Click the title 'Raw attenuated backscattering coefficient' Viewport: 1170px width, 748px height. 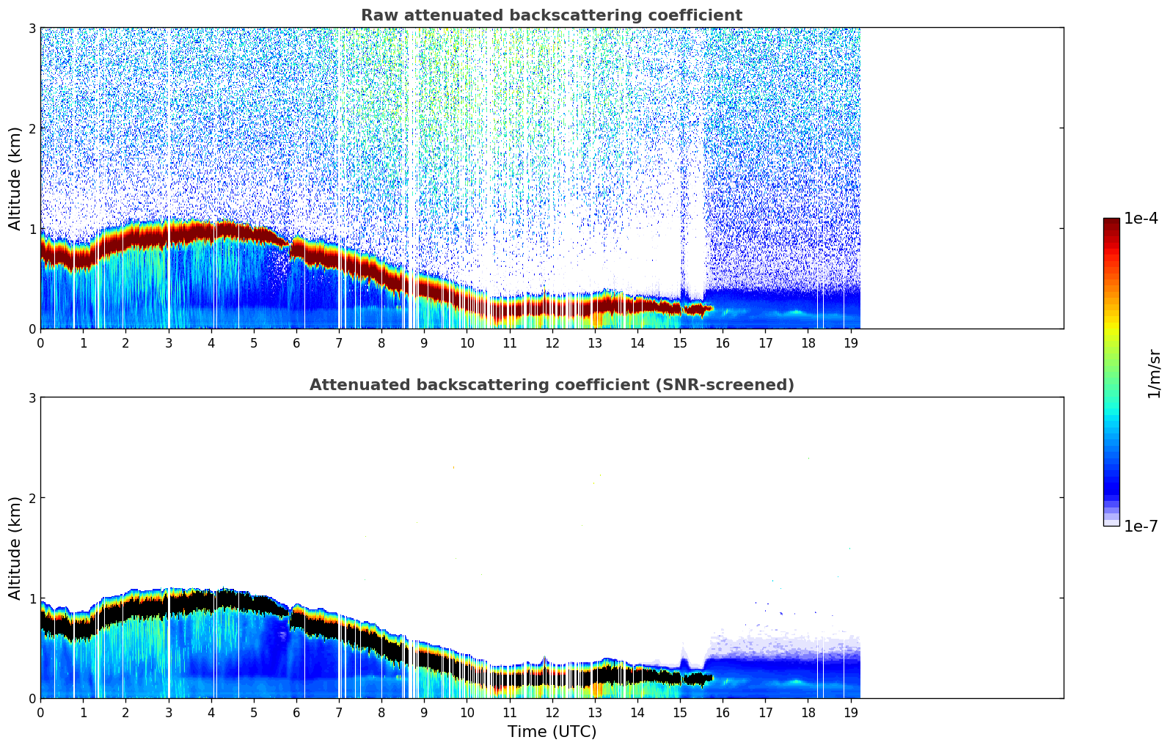click(x=551, y=15)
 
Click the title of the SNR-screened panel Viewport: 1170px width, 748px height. click(x=551, y=385)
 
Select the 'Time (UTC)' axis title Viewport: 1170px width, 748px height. click(x=552, y=731)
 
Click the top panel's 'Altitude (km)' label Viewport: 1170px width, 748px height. click(x=15, y=178)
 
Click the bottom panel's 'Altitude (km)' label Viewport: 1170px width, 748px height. click(x=15, y=548)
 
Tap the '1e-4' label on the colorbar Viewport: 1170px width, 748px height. click(x=1141, y=219)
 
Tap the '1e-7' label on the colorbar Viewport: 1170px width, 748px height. click(x=1141, y=526)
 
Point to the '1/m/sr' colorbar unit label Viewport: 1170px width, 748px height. click(x=1154, y=373)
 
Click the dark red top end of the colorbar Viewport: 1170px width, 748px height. click(x=1111, y=221)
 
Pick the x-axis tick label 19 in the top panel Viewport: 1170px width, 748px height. click(x=850, y=342)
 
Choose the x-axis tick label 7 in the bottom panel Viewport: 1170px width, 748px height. click(x=339, y=712)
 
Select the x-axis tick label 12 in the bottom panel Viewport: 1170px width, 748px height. click(x=552, y=712)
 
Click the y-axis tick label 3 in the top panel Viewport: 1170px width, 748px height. click(x=32, y=28)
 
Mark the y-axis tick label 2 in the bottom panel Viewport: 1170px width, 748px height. click(x=32, y=498)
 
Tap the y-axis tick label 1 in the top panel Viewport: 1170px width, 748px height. click(x=32, y=229)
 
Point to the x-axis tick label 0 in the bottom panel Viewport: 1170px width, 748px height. click(x=40, y=712)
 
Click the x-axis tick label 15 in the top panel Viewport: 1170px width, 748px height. click(x=680, y=342)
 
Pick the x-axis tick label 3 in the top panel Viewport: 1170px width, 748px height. click(x=168, y=342)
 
